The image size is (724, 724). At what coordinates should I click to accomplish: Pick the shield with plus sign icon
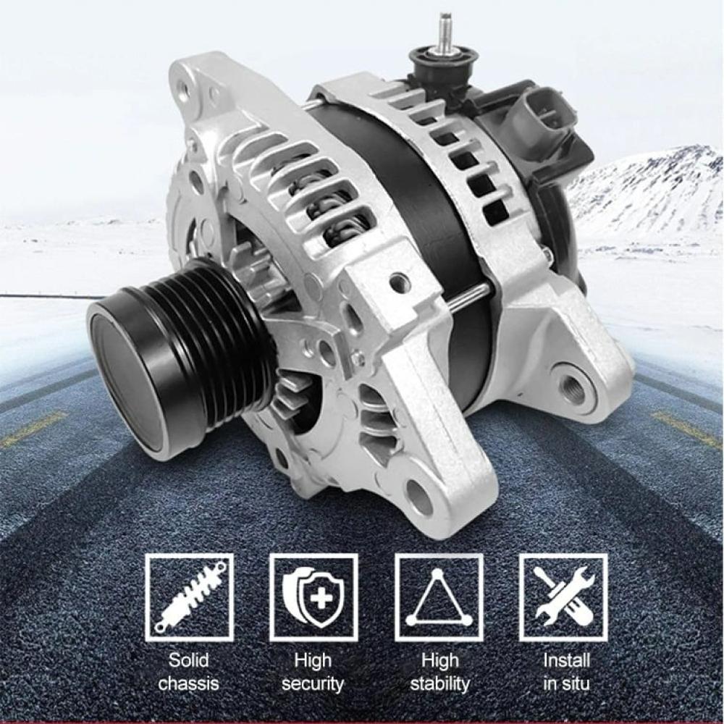[x=313, y=597]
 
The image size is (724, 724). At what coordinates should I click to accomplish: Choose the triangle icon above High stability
[x=439, y=597]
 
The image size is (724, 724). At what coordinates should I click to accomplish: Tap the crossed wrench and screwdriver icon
[x=564, y=597]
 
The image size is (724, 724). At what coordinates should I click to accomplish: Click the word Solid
[x=188, y=660]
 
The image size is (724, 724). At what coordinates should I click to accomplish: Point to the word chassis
[x=188, y=683]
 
